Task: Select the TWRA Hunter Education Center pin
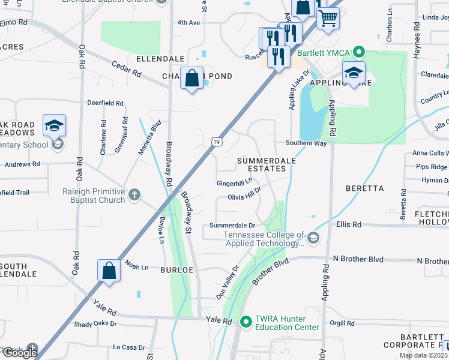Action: [246, 322]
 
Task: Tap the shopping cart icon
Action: [328, 18]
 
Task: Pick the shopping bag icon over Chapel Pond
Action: [191, 79]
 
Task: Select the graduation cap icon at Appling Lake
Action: [354, 73]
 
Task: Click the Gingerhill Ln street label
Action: [235, 182]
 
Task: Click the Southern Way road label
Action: [306, 143]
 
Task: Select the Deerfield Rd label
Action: [105, 103]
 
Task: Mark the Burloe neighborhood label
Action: [177, 270]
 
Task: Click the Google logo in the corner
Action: [20, 353]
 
